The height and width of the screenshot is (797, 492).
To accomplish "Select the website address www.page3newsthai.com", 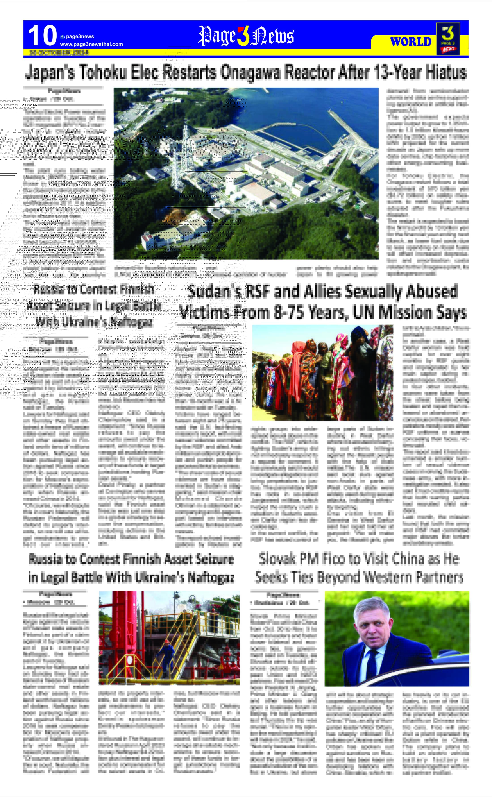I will point(91,44).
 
